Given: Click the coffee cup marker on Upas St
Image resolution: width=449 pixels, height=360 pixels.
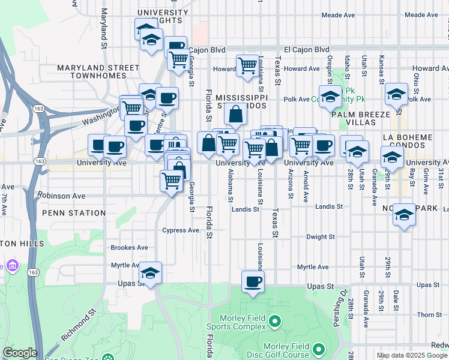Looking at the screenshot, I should tap(253, 281).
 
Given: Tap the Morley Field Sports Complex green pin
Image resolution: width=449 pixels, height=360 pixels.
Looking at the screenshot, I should tap(275, 322).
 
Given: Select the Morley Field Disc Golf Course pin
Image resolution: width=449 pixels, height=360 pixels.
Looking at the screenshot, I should tap(318, 349).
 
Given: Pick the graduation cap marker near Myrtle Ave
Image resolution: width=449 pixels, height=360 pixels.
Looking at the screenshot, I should tap(151, 273).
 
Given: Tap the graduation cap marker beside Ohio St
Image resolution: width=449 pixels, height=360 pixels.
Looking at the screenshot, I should tap(396, 94).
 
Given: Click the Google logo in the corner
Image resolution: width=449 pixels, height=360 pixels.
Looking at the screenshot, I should tap(20, 353).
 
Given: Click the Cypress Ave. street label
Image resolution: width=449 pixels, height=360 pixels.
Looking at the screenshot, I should tap(181, 230).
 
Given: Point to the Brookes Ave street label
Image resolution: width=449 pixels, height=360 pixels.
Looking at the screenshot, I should tap(129, 247).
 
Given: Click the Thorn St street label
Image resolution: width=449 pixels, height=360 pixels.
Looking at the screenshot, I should tap(429, 314).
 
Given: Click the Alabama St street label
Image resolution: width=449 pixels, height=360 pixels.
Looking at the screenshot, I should tap(231, 185).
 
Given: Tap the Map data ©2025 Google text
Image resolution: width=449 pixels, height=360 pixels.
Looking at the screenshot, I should tap(412, 355).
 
